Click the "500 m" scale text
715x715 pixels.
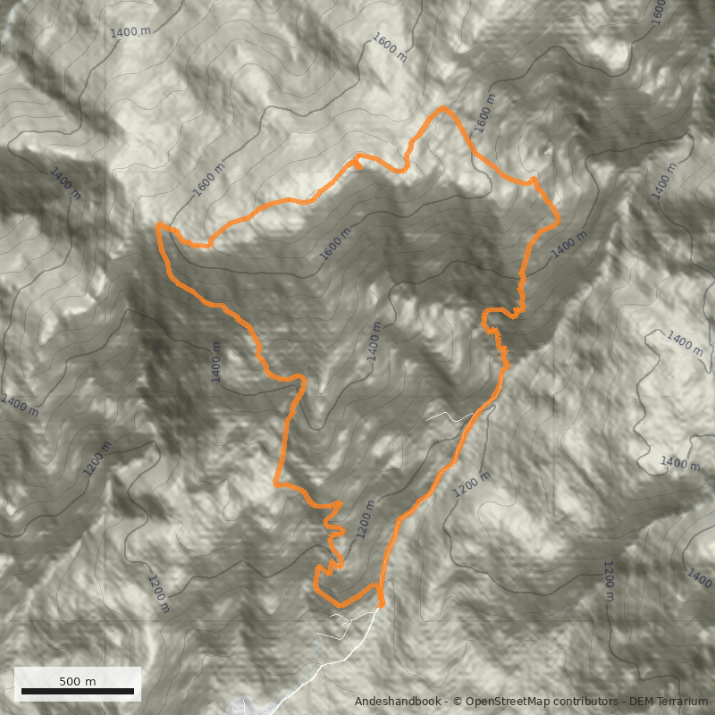point(78,681)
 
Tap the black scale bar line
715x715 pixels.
point(78,692)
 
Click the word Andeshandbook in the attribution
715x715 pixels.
point(397,702)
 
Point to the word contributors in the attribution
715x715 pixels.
point(586,702)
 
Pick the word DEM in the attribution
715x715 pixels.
point(642,702)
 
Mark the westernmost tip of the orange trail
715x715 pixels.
point(157,227)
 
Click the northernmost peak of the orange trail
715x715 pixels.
point(443,109)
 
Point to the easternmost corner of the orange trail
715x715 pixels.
point(559,217)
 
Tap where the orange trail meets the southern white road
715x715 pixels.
point(381,605)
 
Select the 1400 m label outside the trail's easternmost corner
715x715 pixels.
point(569,244)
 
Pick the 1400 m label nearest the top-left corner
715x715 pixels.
point(130,31)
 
